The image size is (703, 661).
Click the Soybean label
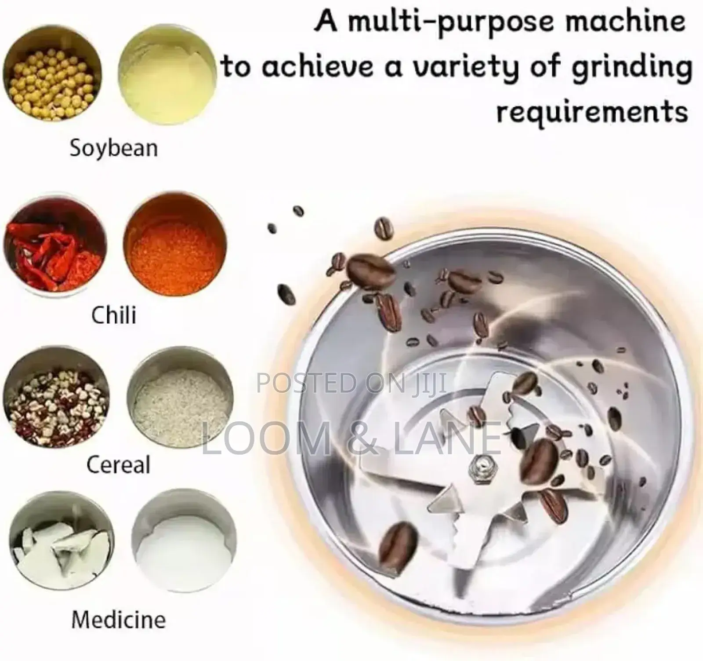point(114,148)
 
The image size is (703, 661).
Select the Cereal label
point(119,464)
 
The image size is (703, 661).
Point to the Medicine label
point(119,620)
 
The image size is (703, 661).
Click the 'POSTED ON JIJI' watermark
point(351,382)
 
